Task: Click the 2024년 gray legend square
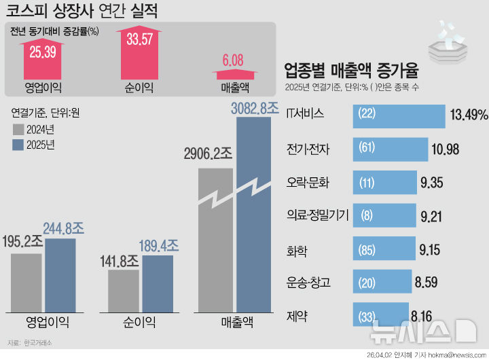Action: (17, 129)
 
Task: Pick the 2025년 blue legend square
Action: (17, 145)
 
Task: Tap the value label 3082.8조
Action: (255, 107)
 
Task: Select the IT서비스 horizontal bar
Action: (398, 115)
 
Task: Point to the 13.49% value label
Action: (469, 115)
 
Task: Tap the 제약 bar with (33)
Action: (380, 315)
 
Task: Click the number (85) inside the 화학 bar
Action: (367, 249)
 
